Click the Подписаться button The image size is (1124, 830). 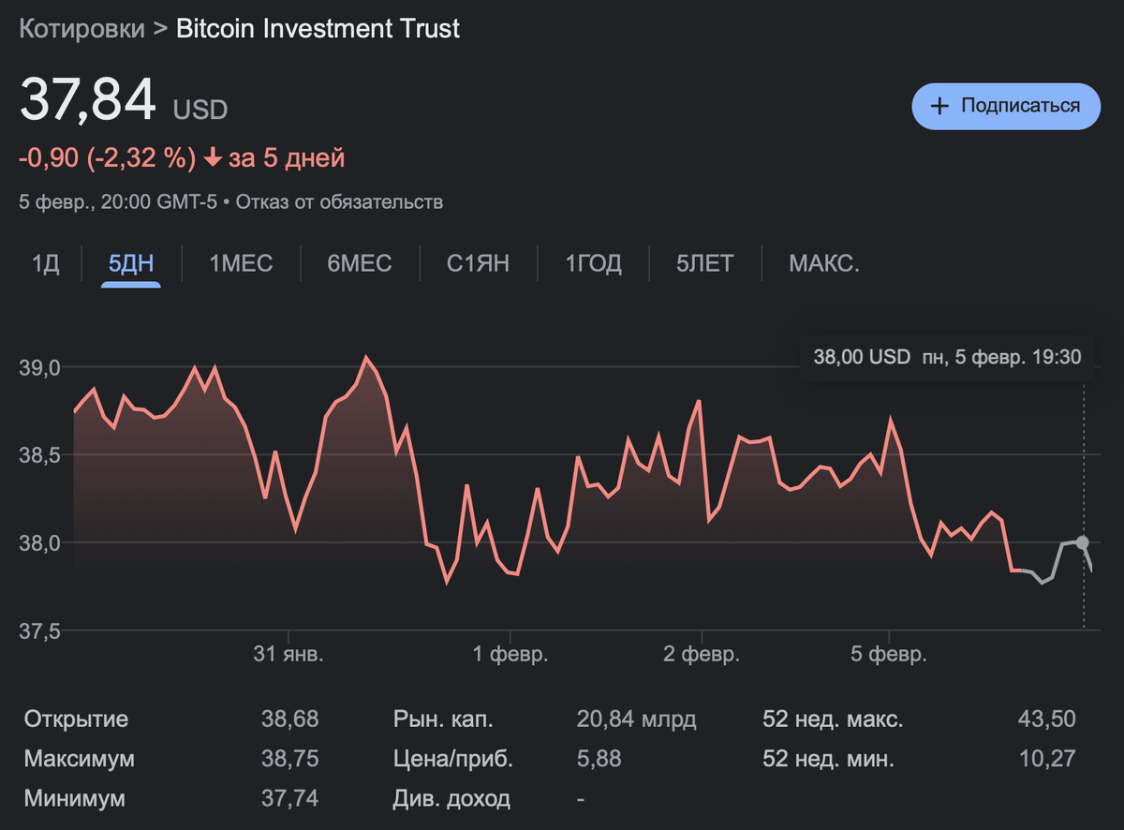point(1006,106)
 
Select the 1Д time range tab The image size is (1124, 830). point(46,264)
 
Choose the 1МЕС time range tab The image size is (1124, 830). point(241,264)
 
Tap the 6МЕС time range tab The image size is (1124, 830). point(360,264)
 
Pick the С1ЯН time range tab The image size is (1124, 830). point(478,264)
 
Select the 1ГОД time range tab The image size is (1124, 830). point(593,264)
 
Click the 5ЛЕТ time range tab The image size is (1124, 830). point(704,264)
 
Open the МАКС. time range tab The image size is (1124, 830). point(823,264)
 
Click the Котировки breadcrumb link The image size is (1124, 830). point(82,29)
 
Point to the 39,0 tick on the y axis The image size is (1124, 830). point(39,367)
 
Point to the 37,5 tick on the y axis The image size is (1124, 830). point(39,631)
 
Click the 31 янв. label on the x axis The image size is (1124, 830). point(288,654)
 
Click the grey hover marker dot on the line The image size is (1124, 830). point(1083,542)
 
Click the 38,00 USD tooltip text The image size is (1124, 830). point(862,357)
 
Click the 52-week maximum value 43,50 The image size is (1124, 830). point(1046,719)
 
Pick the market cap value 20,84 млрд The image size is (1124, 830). point(636,719)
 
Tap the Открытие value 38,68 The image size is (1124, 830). point(289,719)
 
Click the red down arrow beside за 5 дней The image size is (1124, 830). point(213,158)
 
